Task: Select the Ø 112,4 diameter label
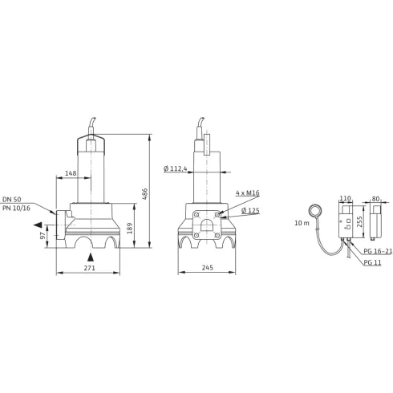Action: pyautogui.click(x=174, y=168)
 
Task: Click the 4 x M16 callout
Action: pyautogui.click(x=248, y=193)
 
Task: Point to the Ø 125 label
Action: pyautogui.click(x=253, y=211)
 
